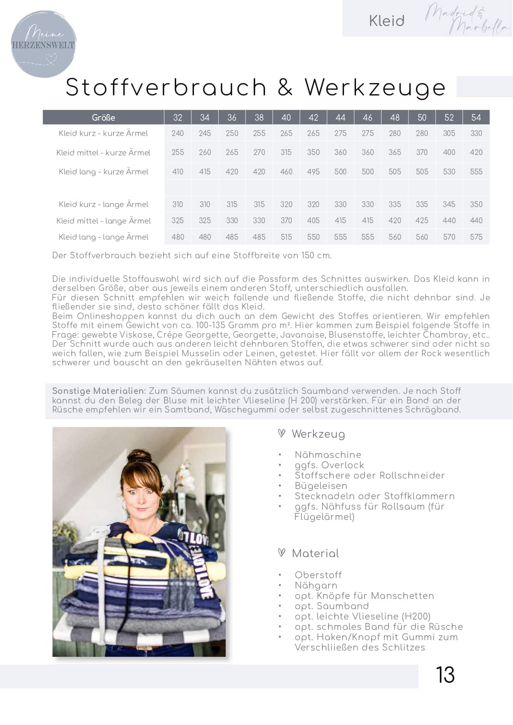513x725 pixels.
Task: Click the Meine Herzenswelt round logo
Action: point(43,44)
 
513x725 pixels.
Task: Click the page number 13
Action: point(445,675)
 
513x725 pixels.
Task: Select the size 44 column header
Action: point(340,117)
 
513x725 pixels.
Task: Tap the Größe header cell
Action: point(103,117)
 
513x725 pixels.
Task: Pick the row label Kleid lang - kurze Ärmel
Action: point(103,172)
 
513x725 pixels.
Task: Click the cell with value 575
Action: point(476,237)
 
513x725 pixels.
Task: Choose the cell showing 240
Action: point(178,133)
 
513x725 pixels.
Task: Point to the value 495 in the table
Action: point(313,172)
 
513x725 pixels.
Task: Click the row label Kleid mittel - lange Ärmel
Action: point(103,221)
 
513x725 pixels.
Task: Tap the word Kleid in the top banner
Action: point(387,21)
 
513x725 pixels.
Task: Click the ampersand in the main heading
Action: point(285,87)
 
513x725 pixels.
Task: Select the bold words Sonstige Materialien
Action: point(99,391)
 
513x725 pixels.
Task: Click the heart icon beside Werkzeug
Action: point(282,433)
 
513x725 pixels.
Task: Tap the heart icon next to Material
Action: point(282,553)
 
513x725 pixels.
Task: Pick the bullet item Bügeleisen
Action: point(321,486)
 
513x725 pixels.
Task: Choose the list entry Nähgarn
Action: point(316,585)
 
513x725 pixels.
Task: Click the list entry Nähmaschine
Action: point(328,455)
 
